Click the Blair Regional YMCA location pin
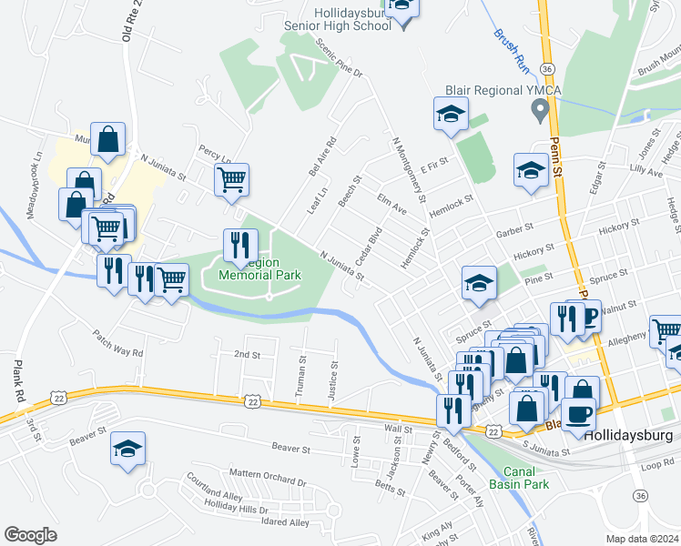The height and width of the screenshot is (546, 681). tap(540, 112)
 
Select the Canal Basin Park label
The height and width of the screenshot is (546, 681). tap(518, 478)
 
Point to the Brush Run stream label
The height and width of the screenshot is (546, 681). tap(512, 49)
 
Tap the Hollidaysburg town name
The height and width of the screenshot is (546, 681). tap(628, 435)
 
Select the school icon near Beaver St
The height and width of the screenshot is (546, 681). tap(127, 448)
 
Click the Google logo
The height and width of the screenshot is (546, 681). tap(30, 535)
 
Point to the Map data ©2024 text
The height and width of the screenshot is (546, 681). tap(641, 539)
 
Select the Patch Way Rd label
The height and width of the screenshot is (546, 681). tap(118, 343)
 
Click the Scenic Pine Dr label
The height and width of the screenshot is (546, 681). tap(339, 57)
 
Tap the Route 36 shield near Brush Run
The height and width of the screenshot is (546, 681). tap(546, 68)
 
